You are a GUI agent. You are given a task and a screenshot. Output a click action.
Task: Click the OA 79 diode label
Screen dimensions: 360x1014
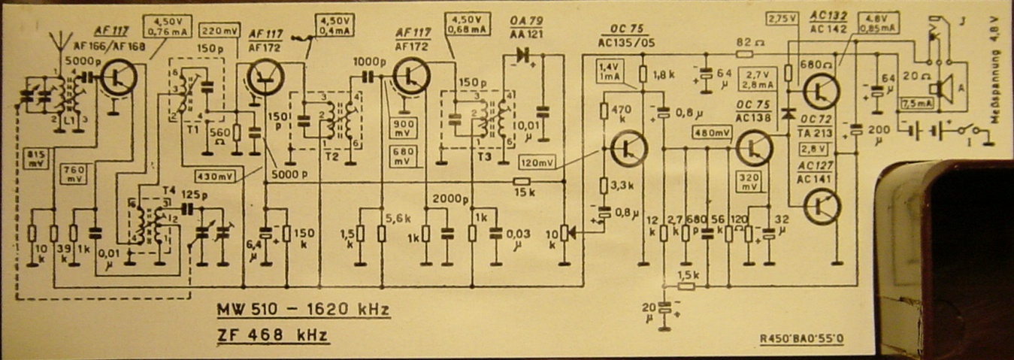tap(526, 21)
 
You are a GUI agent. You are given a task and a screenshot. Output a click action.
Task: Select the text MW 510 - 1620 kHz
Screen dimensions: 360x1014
tap(303, 310)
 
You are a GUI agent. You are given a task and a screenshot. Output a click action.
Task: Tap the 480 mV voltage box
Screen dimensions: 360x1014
tap(712, 132)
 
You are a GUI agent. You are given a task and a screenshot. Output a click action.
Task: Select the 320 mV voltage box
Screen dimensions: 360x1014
tap(749, 181)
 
